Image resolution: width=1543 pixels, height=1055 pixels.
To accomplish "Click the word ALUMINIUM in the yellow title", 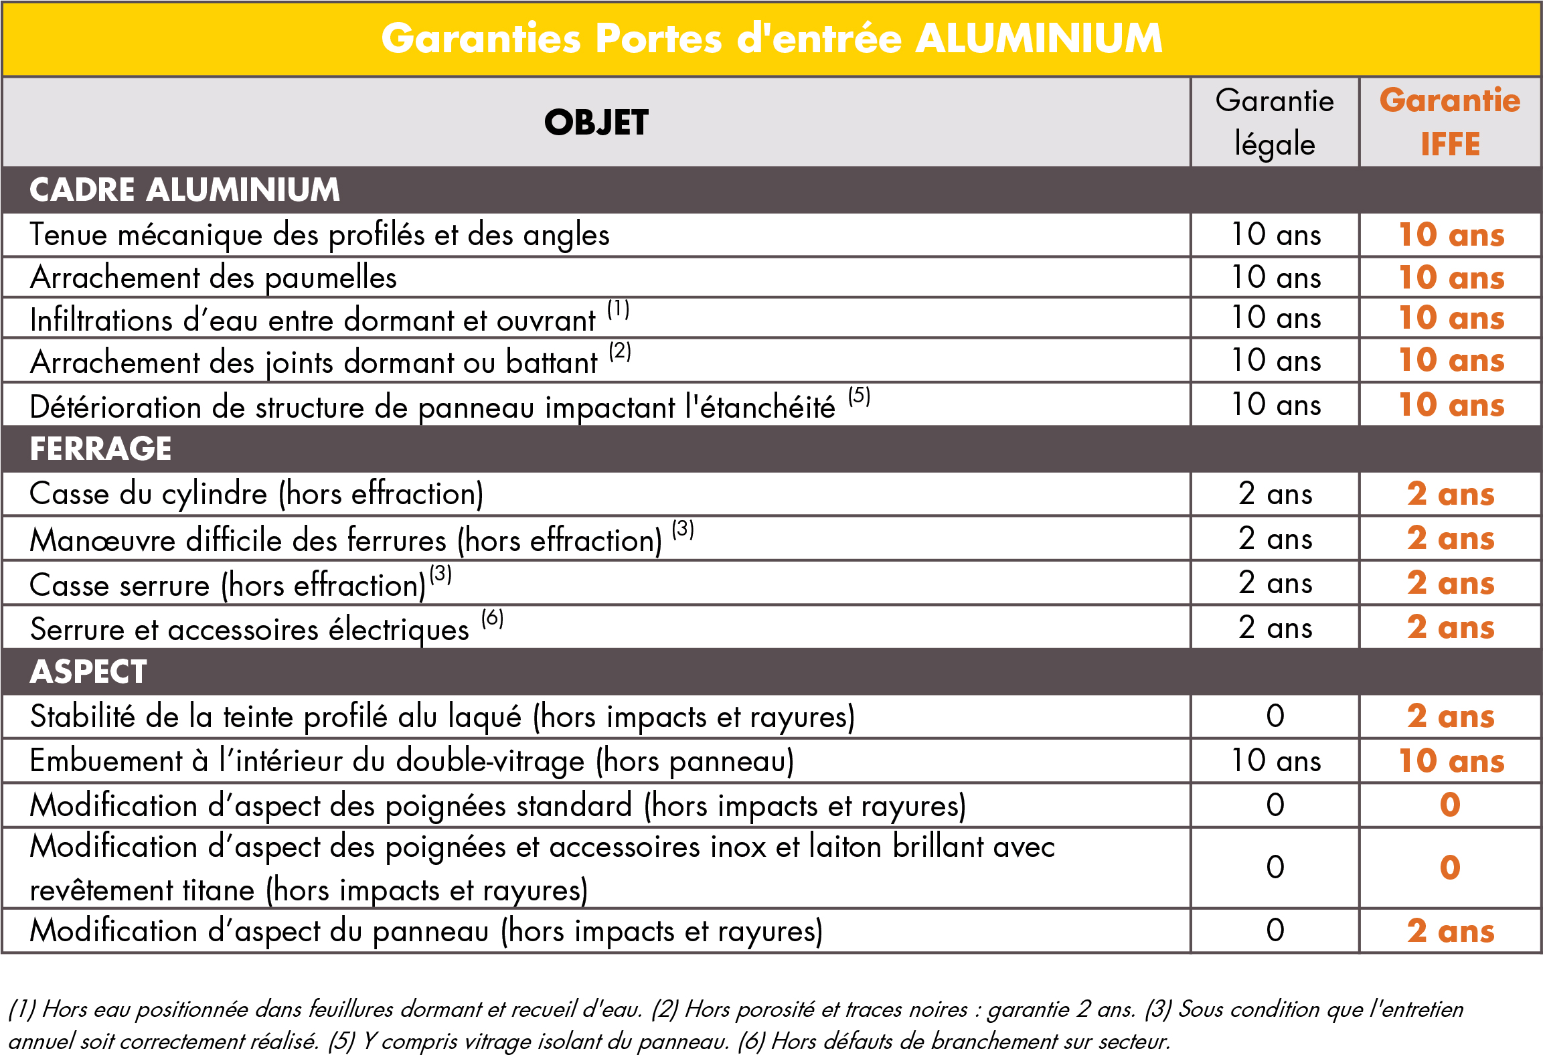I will coord(1038,38).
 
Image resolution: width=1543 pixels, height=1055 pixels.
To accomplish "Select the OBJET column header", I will coord(596,123).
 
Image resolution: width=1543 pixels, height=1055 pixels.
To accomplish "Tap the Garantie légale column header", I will coord(1275,123).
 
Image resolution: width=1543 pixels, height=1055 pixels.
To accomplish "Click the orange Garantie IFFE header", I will coord(1450,123).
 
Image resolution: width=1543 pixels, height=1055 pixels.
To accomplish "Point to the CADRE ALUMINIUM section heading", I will coord(185,189).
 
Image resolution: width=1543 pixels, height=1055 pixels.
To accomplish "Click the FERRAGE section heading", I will coord(101,449).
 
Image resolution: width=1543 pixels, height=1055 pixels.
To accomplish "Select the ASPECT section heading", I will coord(88,671).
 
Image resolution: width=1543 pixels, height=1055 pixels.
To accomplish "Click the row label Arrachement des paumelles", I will coord(214,278).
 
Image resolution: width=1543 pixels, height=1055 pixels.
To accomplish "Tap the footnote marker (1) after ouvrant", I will coord(618,309).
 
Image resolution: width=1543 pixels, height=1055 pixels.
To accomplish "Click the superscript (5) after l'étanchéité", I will coord(859,396).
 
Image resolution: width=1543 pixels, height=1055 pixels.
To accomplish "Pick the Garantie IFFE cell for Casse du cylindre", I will coord(1450,494).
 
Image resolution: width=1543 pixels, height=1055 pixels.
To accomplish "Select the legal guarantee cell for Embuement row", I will coord(1276,761).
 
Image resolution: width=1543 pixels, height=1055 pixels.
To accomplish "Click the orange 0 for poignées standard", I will coord(1450,805).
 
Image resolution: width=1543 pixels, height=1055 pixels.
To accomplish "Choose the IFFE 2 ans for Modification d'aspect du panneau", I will coord(1450,931).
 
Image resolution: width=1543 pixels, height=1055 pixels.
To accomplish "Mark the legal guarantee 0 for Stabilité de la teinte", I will coord(1275,716).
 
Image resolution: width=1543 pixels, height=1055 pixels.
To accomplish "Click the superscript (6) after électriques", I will coord(492,618).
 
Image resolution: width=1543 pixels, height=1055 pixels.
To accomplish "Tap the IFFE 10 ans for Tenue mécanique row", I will coord(1451,235).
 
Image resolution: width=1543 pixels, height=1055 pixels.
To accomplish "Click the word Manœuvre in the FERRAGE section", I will coord(102,540).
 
